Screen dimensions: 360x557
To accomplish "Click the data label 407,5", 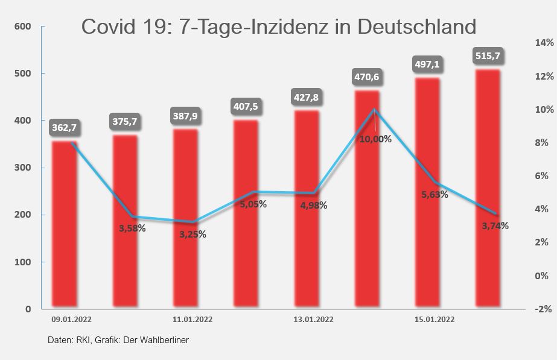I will pos(245,107).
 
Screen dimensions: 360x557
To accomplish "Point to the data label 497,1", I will pos(427,64).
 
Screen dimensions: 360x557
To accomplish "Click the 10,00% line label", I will pos(375,139).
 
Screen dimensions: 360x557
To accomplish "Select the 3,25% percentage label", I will pos(193,234).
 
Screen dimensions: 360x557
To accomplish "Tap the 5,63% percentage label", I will pos(434,194).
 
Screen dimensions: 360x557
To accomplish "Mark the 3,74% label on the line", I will pos(495,226).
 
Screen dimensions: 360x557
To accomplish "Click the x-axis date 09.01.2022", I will pos(71,319).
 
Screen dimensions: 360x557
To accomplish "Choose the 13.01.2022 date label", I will pos(313,319).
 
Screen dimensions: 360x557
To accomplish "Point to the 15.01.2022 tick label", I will pos(434,319).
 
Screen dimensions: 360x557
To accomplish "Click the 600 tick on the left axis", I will pos(23,27).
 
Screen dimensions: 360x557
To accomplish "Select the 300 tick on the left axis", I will pos(23,168).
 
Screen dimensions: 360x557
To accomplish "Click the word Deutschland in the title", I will pos(416,27).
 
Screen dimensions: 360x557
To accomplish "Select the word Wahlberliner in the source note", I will pos(164,340).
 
